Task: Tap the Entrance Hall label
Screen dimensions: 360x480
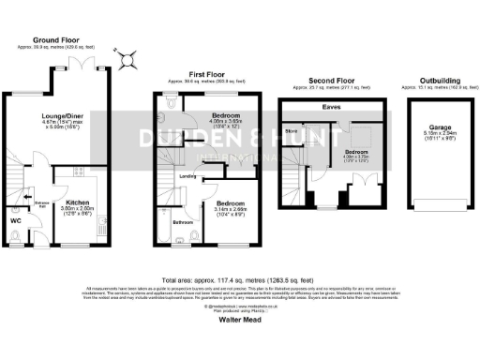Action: click(x=41, y=204)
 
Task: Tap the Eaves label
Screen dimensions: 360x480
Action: click(x=330, y=108)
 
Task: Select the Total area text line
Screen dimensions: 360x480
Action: click(x=239, y=278)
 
